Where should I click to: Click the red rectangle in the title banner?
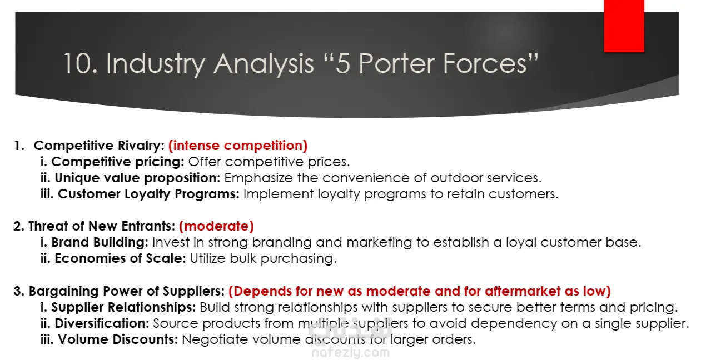[x=624, y=26]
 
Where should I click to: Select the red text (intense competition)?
[x=238, y=146]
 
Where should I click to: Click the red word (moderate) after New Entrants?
[x=216, y=226]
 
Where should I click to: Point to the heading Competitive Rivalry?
[x=99, y=146]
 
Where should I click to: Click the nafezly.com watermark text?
[x=350, y=352]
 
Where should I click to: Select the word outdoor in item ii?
[x=456, y=178]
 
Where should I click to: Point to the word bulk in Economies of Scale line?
[x=243, y=258]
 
